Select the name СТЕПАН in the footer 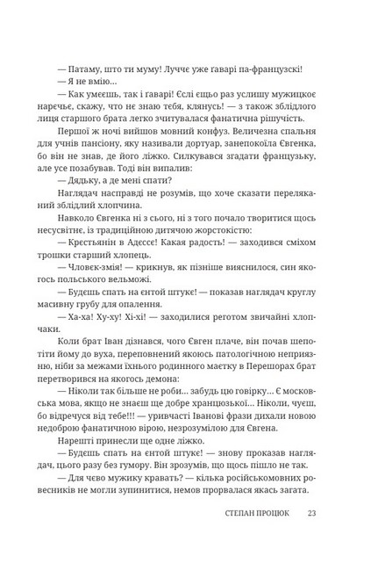(x=240, y=530)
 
